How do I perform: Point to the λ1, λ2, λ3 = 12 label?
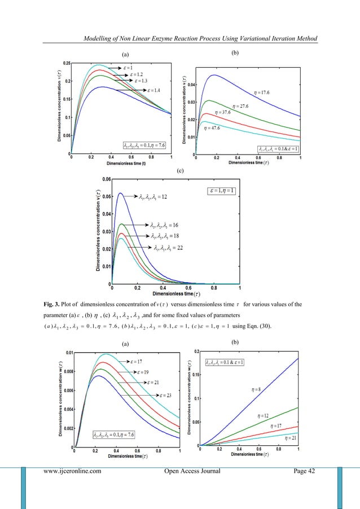tap(151, 197)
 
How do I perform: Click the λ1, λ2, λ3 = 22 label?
tap(166, 248)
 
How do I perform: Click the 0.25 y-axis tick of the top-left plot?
tap(66, 63)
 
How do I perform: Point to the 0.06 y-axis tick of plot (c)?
tap(106, 179)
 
